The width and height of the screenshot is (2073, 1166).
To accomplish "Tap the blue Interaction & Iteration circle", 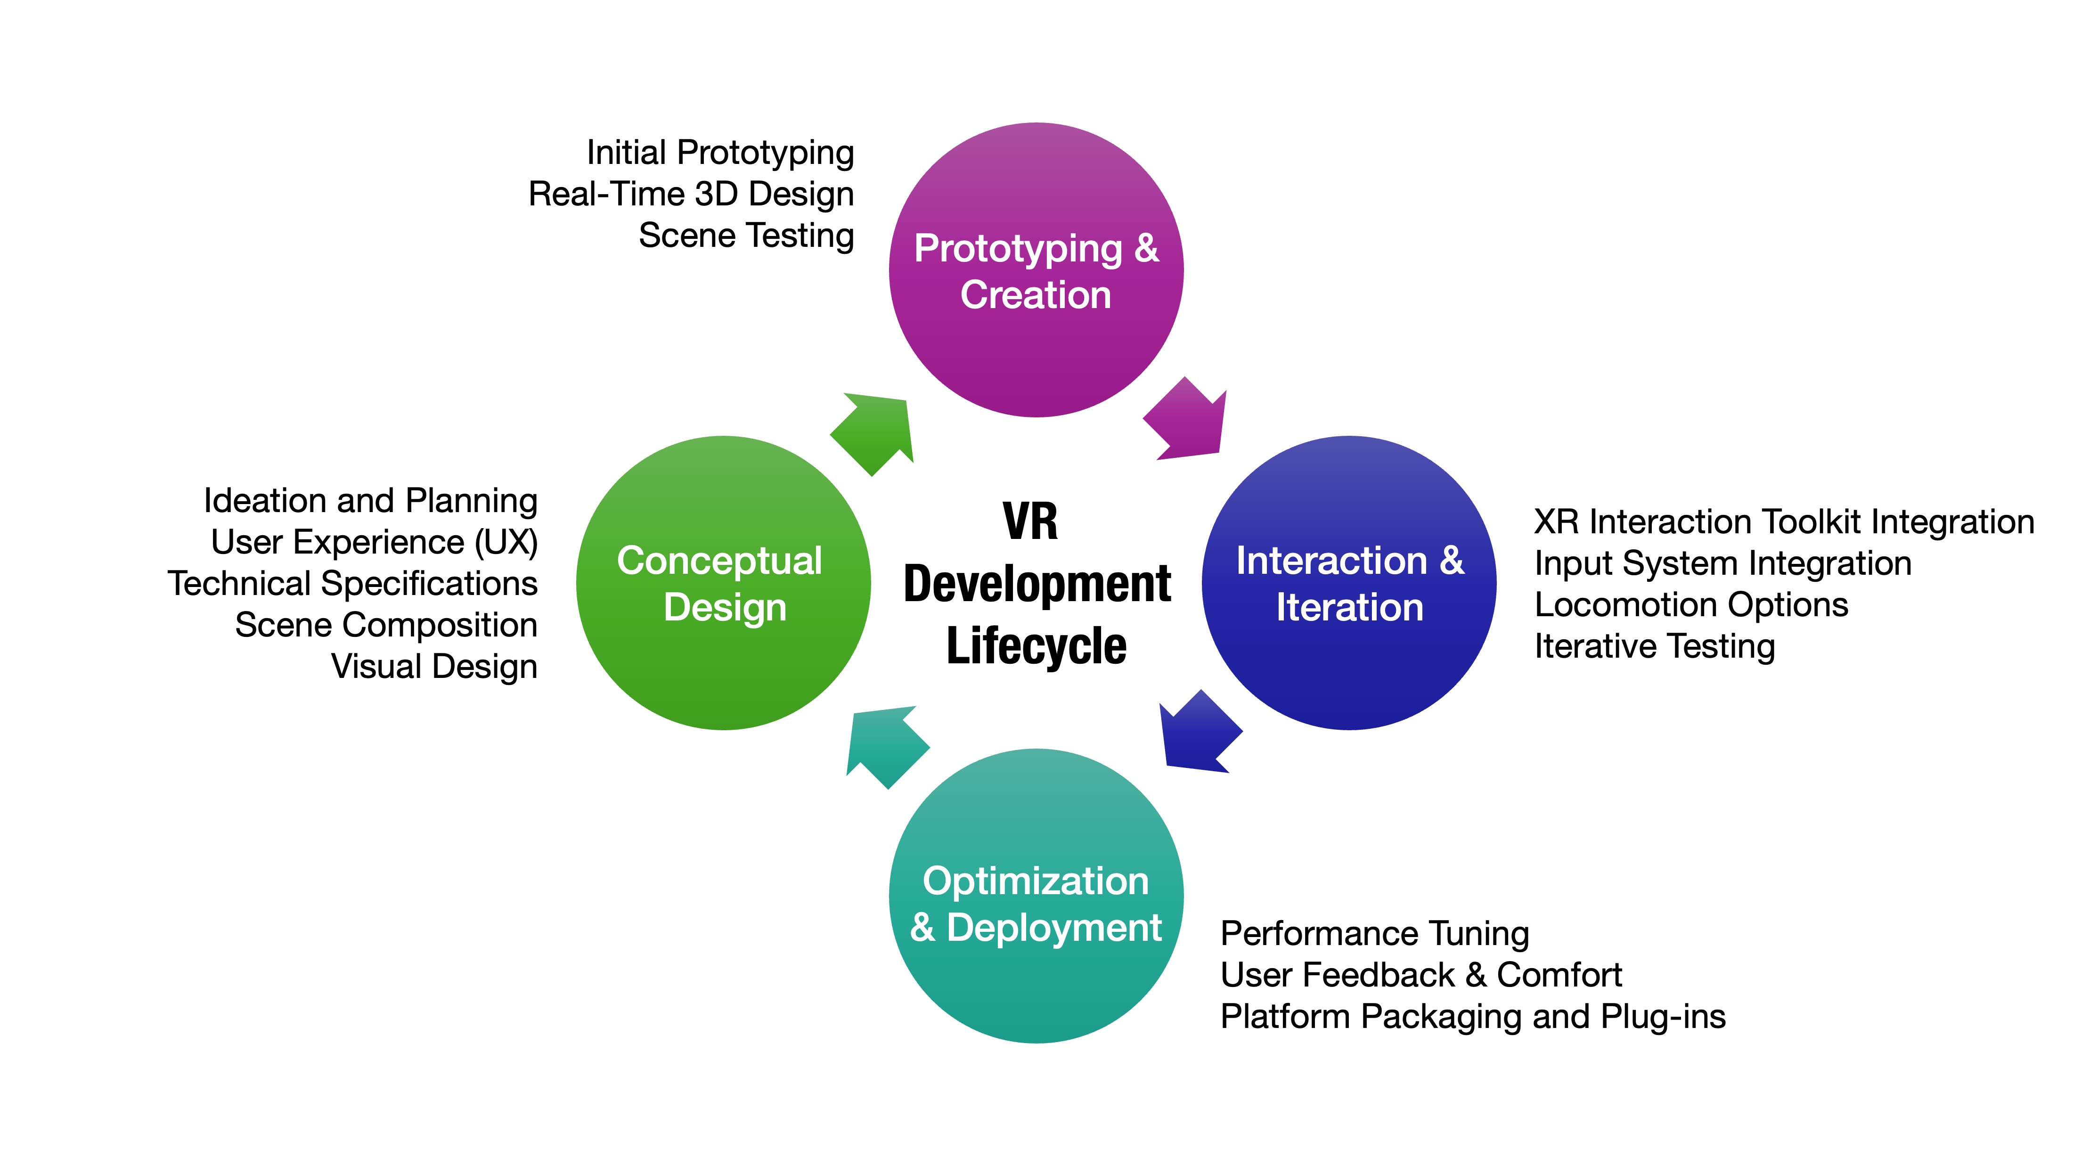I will pos(1349,583).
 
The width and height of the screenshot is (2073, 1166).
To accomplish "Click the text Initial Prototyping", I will pos(720,153).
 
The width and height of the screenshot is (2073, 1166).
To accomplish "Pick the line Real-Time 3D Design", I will pos(691,194).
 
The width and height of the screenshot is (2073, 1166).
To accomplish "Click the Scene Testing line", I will pos(746,236).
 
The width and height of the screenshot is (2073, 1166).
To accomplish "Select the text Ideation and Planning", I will pos(370,500).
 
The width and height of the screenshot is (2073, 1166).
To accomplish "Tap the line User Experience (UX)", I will pos(374,542).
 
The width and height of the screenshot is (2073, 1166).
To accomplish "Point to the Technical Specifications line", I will pos(352,583).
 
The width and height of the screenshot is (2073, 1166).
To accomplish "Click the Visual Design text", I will pos(434,666).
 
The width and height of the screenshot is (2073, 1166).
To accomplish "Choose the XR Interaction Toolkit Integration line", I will pos(1783,522).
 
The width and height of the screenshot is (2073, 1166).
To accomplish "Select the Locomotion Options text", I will pos(1691,604).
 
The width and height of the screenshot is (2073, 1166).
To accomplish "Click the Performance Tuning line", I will pos(1374,933).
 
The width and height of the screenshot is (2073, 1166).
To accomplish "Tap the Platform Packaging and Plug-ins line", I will pos(1473,1016).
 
